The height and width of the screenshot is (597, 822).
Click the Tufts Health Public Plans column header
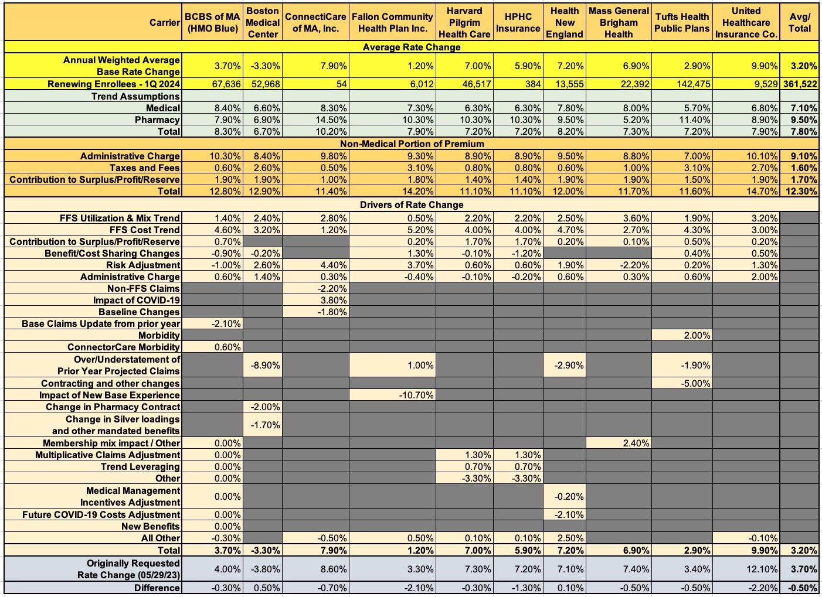coord(681,22)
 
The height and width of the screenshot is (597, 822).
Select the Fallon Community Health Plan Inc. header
coord(392,22)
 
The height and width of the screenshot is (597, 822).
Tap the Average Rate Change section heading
coord(411,47)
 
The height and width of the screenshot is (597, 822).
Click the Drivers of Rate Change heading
coord(411,204)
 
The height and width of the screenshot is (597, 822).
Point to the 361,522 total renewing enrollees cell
coord(800,84)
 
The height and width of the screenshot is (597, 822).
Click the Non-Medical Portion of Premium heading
coord(411,144)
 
